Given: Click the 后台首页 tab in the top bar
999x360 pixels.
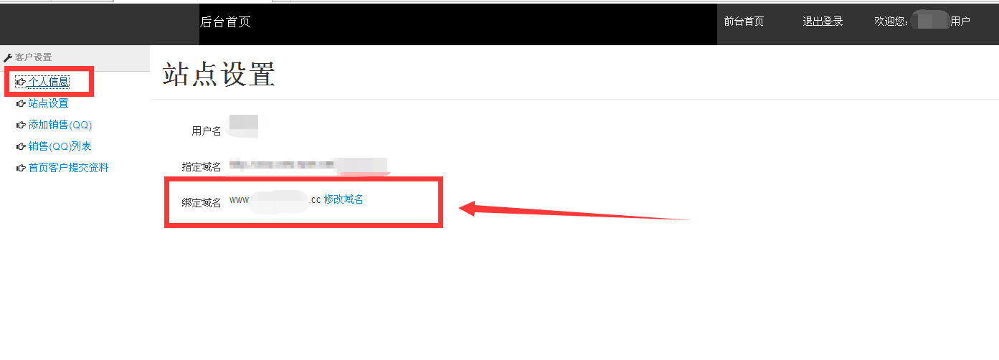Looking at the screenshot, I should click(x=225, y=22).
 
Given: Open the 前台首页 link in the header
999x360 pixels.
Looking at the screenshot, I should click(x=744, y=22).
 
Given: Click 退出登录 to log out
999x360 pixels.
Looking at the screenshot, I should click(x=823, y=22).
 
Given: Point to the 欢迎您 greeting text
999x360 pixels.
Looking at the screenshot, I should click(x=891, y=22).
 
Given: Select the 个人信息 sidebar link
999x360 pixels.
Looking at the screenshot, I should click(x=49, y=82).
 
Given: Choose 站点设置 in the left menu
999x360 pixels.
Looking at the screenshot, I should click(x=48, y=103).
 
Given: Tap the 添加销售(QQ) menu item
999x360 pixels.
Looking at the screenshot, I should click(x=60, y=125).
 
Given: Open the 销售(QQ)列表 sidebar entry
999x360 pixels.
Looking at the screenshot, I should click(x=60, y=146).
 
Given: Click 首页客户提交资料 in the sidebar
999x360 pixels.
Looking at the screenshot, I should click(x=68, y=168).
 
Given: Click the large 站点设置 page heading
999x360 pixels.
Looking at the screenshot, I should click(x=219, y=75).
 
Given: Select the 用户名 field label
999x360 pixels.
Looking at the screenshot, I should click(x=206, y=131).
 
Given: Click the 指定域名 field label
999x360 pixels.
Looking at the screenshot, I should click(x=201, y=167).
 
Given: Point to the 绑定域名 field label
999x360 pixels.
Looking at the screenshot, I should click(x=201, y=203).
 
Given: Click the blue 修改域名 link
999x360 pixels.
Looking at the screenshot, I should click(x=344, y=199).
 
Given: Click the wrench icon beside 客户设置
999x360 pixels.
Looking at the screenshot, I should click(x=8, y=57).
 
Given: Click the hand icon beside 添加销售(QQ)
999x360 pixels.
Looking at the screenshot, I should click(x=21, y=125).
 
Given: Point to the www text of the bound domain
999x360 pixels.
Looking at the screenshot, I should click(x=239, y=200).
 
